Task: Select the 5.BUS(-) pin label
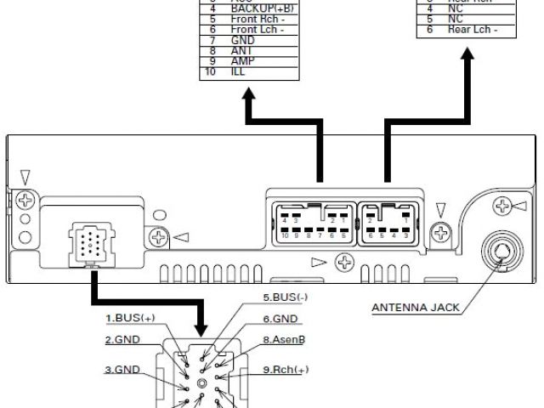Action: (286, 298)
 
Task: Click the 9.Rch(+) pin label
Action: (286, 370)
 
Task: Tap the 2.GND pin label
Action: (123, 340)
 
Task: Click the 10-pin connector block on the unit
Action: (312, 223)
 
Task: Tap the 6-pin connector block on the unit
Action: (390, 223)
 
